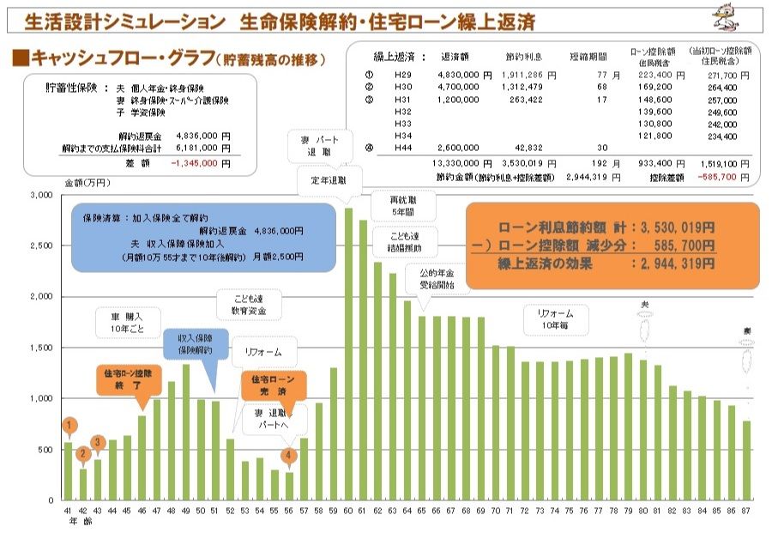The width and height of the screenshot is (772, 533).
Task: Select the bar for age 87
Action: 747,460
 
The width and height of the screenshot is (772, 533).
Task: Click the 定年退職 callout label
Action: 330,180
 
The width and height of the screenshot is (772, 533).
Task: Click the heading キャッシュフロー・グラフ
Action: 120,58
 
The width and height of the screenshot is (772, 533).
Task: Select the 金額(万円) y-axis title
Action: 87,183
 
